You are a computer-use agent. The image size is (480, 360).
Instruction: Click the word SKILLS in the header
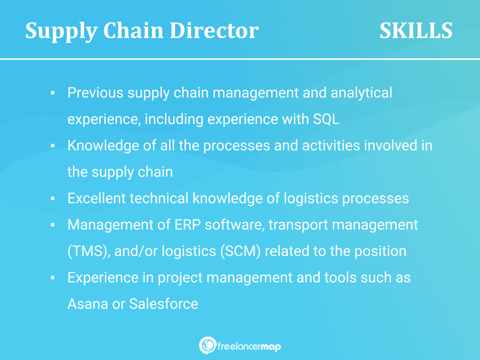[x=415, y=31]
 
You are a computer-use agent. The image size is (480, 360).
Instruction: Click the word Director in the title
[x=214, y=31]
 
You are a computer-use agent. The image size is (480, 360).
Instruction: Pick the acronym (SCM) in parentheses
[x=240, y=251]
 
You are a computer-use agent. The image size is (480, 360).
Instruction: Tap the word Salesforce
[x=163, y=303]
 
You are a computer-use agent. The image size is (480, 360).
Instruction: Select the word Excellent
[x=96, y=198]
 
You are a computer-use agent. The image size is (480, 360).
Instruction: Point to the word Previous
[x=95, y=92]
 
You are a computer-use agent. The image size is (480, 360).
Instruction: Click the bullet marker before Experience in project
[x=52, y=277]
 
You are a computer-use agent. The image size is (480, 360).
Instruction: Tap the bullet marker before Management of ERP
[x=52, y=225]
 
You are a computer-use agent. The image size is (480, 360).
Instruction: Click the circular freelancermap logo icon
[x=207, y=345]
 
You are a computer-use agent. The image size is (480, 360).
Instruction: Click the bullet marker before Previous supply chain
[x=52, y=93]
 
